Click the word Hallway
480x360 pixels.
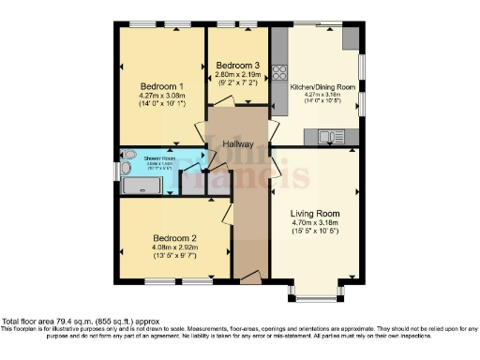coord(238,143)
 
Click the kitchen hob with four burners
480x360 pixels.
coord(278,71)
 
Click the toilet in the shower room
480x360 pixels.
coord(128,157)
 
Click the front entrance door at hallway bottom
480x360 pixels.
coord(249,277)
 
